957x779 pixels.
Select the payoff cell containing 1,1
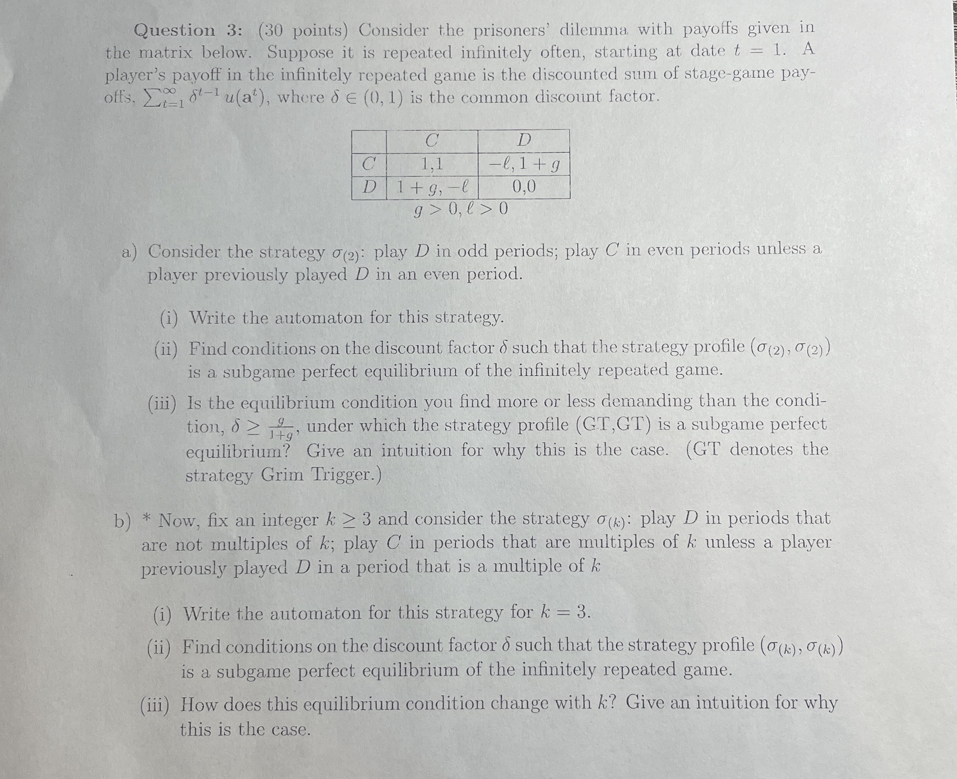coord(432,165)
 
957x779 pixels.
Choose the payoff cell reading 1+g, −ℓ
coord(432,187)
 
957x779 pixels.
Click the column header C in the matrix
coord(432,141)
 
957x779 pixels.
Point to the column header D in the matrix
coord(524,141)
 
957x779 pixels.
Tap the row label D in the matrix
coord(369,187)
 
